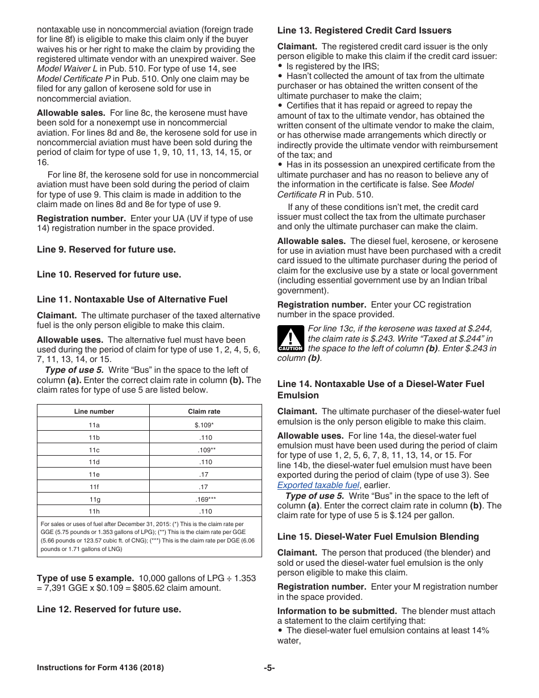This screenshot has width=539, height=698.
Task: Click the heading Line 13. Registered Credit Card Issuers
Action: [364, 31]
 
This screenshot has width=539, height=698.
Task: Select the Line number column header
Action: [94, 411]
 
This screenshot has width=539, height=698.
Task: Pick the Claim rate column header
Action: [204, 411]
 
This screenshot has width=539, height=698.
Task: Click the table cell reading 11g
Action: [94, 499]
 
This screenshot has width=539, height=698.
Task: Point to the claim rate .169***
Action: [205, 499]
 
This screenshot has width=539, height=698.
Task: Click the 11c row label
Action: [94, 449]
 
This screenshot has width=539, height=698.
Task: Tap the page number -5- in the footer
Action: [269, 668]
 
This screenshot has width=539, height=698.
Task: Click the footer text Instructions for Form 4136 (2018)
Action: [100, 668]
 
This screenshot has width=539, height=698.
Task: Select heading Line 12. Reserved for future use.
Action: [109, 609]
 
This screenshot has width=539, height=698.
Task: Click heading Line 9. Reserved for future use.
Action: [106, 249]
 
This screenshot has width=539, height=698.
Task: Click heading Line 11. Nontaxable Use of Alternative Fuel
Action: [132, 299]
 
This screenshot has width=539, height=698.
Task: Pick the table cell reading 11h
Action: [94, 511]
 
